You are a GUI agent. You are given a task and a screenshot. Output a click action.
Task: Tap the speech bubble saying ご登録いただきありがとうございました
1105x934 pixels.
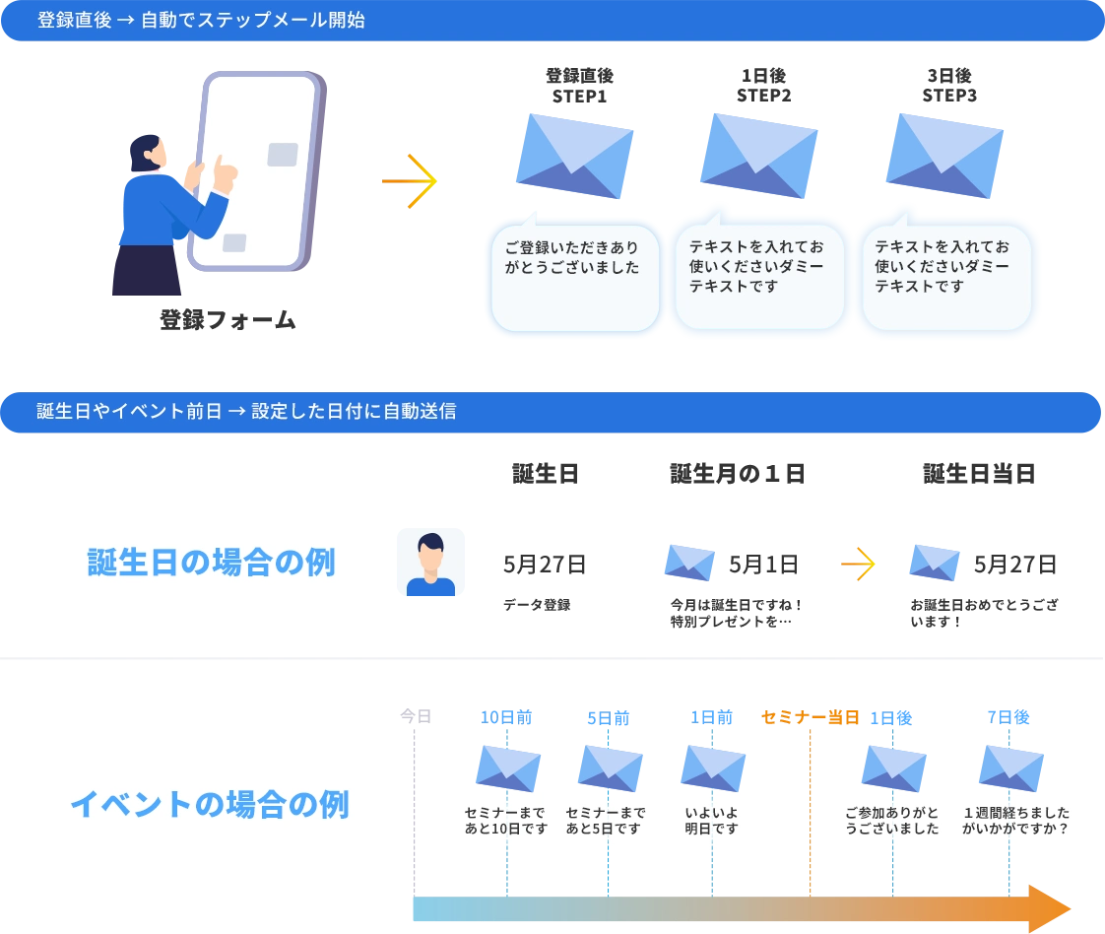(573, 277)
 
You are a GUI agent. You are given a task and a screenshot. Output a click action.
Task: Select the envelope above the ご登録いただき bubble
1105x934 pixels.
(574, 155)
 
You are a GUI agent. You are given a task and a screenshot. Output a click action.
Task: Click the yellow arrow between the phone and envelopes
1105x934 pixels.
(411, 181)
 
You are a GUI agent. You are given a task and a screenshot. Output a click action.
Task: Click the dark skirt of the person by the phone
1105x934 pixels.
(148, 271)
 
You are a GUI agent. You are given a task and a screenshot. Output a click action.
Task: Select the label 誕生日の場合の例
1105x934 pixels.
(212, 563)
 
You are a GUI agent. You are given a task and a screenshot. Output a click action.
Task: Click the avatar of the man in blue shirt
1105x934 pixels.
(429, 564)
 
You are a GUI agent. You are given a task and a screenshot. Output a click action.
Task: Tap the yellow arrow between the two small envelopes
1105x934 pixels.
(858, 564)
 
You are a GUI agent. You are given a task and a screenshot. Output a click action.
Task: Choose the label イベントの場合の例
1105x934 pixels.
(209, 805)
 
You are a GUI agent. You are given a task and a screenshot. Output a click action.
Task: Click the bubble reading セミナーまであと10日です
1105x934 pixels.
(504, 820)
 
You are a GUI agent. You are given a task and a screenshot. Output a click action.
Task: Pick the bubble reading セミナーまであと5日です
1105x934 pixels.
(606, 820)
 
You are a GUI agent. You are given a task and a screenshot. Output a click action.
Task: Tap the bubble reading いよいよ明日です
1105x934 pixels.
(711, 820)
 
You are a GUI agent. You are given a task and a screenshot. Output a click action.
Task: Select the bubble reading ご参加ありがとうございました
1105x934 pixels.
(891, 820)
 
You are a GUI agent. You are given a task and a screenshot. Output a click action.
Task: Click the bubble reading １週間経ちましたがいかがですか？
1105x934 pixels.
(1015, 820)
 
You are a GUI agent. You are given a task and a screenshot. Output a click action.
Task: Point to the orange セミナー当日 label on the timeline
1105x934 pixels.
(808, 717)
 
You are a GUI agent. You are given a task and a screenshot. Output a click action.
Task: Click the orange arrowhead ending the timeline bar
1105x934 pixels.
(1048, 907)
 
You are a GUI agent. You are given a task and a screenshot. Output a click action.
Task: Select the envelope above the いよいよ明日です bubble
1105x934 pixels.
(713, 766)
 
